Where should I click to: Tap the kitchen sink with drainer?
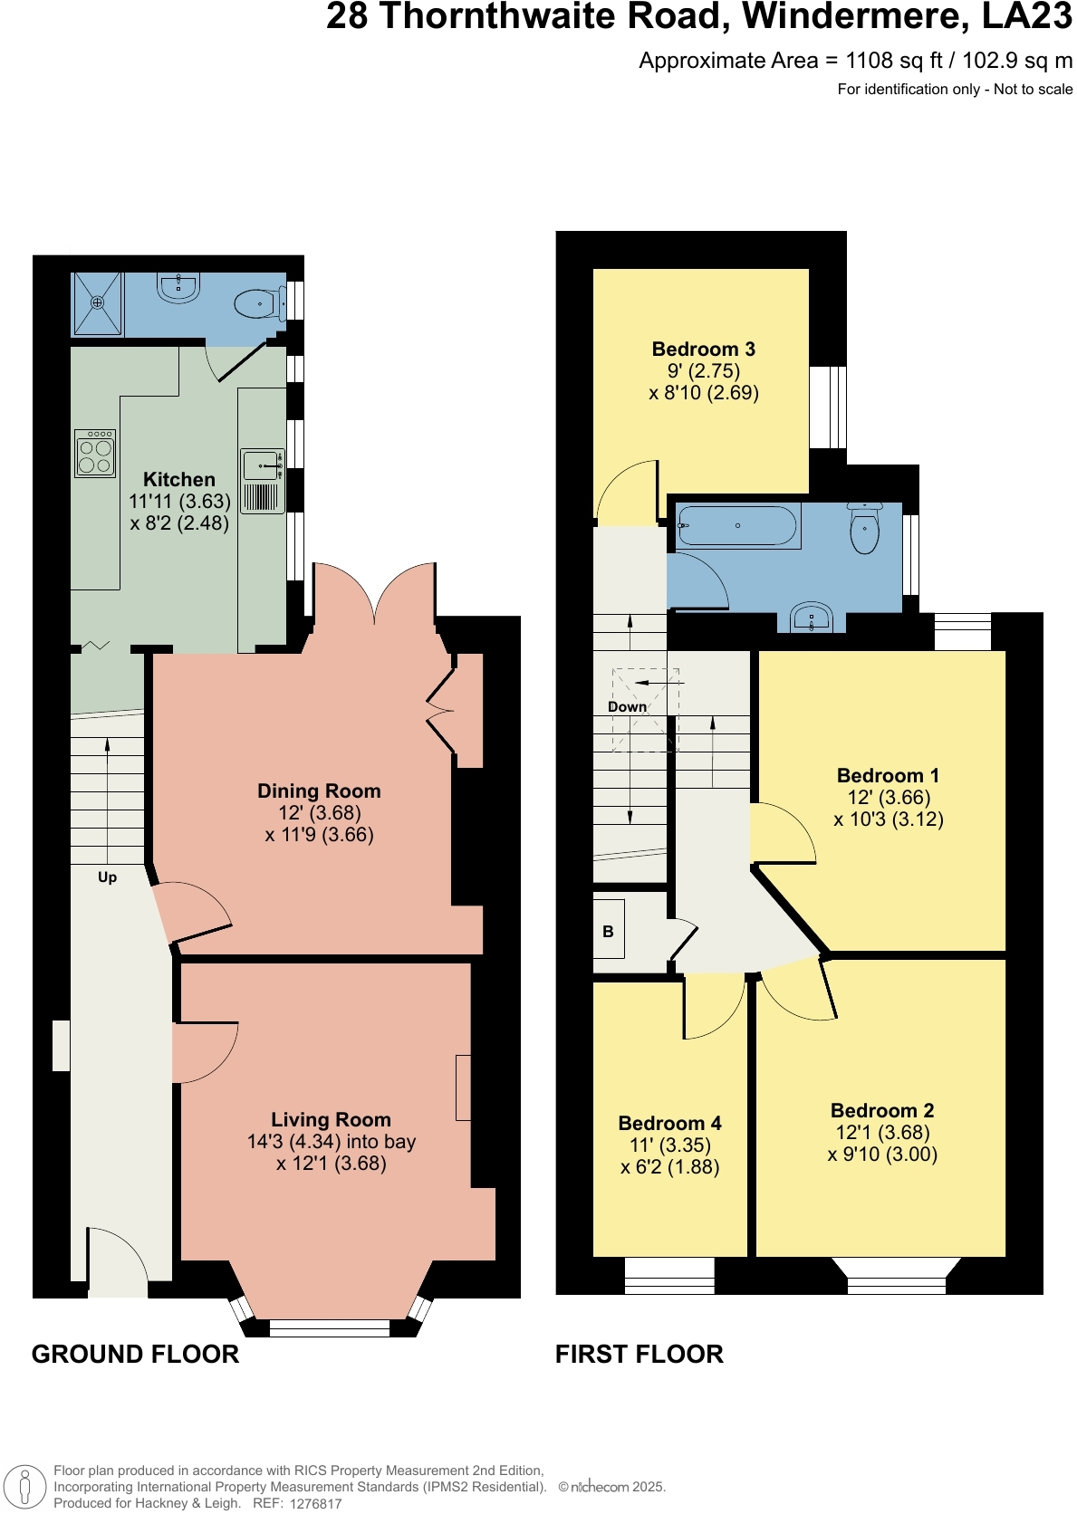(x=263, y=481)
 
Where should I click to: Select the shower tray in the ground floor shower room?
(x=97, y=303)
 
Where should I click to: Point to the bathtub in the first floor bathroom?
(x=737, y=525)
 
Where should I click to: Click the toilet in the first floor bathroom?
(x=865, y=528)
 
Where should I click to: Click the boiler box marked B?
(x=609, y=931)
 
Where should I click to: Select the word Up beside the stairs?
(x=107, y=877)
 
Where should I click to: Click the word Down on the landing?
(x=627, y=706)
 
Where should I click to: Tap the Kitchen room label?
(x=179, y=479)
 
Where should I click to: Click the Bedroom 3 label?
(x=703, y=349)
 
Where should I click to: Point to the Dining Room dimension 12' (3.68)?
(x=319, y=812)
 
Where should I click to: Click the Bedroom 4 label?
(x=669, y=1123)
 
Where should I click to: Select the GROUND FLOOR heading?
(x=135, y=1354)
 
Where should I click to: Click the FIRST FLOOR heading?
(x=639, y=1354)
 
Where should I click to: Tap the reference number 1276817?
(x=315, y=1503)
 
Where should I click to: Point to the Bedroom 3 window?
(x=828, y=407)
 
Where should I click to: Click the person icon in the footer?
(x=25, y=1487)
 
